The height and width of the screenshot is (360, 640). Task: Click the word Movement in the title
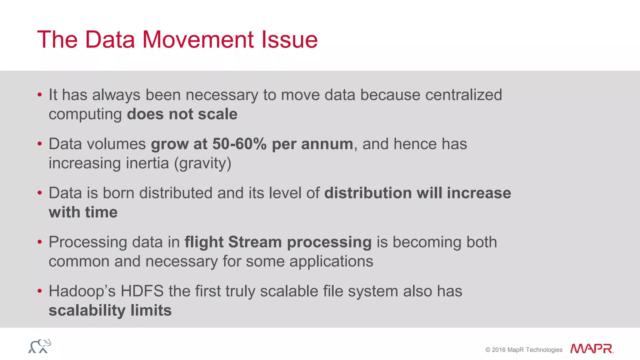(198, 40)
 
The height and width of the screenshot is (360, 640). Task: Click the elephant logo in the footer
(40, 346)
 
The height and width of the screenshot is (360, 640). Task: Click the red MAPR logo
(591, 349)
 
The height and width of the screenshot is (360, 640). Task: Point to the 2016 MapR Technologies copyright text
(524, 350)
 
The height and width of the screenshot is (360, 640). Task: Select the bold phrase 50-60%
(239, 144)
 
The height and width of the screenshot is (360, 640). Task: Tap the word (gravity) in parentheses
(202, 163)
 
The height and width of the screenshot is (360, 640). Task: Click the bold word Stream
(255, 242)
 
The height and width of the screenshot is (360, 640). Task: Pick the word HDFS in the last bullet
(142, 291)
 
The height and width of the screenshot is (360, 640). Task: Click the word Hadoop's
(82, 291)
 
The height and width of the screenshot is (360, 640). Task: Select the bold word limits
(151, 311)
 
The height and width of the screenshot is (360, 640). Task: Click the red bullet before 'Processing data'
(39, 242)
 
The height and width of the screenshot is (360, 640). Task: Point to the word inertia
(147, 163)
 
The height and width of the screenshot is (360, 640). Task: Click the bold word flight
(204, 242)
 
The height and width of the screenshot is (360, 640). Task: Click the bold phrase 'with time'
(83, 212)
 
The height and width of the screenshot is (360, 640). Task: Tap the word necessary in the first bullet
(222, 95)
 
